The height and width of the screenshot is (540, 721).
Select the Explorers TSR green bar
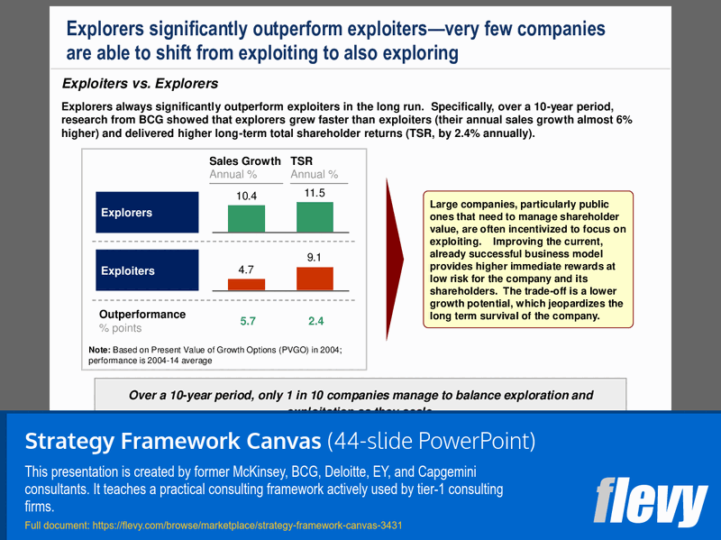click(x=315, y=217)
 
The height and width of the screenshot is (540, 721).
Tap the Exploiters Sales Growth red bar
click(x=246, y=284)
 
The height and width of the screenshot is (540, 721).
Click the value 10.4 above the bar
click(x=246, y=196)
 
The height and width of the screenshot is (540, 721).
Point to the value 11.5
click(x=315, y=193)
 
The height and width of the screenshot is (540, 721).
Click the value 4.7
click(x=246, y=269)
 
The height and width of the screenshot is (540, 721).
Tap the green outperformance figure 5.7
click(x=248, y=321)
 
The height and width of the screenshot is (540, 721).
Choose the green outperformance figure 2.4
click(x=315, y=321)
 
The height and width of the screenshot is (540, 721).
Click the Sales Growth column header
click(x=245, y=161)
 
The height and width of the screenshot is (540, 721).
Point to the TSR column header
click(x=301, y=161)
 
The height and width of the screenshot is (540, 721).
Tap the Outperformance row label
click(x=142, y=315)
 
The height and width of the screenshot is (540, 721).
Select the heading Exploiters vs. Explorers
click(x=140, y=84)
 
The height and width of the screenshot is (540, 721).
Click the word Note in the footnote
click(x=98, y=350)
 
